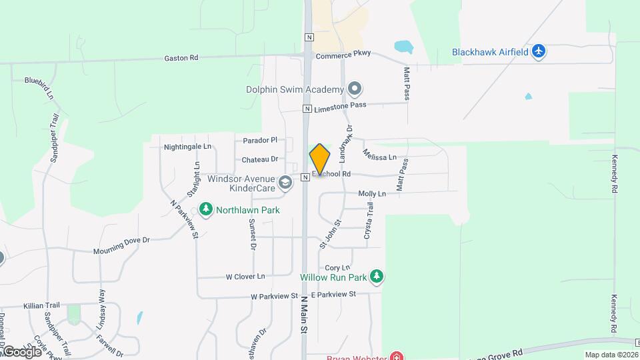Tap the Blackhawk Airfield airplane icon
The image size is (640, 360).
pos(539,52)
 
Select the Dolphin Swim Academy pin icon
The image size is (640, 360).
pos(355,89)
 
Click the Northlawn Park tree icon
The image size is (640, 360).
pos(206,210)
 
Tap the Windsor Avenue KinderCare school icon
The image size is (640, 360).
pos(285,183)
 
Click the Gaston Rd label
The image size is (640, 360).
pos(181,58)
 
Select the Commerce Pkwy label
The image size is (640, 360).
pos(343,56)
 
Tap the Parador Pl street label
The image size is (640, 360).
pos(259,140)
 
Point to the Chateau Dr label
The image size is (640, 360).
pos(259,159)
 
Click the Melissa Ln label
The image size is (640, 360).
pos(379,155)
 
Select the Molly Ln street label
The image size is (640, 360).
pos(372,194)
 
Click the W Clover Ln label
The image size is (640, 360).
pos(245,276)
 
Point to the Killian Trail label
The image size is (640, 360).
pos(42,305)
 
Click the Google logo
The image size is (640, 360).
pos(21,351)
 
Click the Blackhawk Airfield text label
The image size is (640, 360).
pos(490,52)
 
